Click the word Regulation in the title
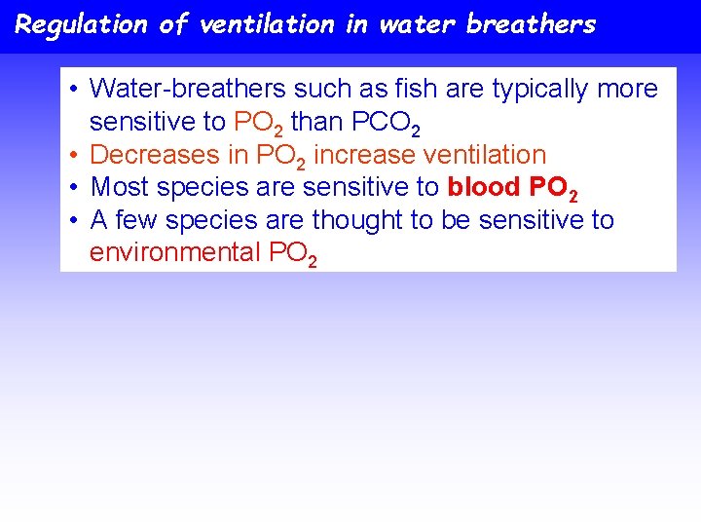(x=81, y=24)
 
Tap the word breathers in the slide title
(x=531, y=24)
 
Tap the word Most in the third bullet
(x=119, y=187)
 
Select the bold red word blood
(x=486, y=187)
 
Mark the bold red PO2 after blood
(x=554, y=189)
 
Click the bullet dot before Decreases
(x=75, y=155)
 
